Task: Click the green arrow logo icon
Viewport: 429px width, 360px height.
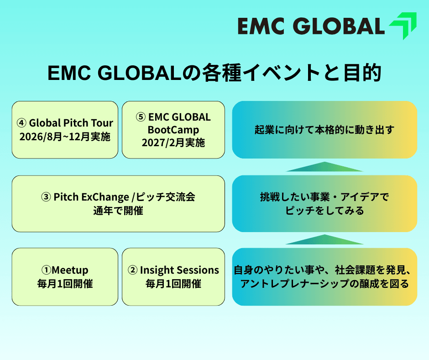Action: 403,26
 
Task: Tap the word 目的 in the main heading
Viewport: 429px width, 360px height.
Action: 363,73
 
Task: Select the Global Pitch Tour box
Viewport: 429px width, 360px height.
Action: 65,130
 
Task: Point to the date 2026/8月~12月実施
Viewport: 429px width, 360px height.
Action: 65,137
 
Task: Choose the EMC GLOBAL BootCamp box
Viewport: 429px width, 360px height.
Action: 173,130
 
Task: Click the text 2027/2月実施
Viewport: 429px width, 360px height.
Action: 173,143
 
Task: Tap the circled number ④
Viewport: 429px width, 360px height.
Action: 21,123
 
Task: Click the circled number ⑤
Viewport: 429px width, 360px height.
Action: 141,117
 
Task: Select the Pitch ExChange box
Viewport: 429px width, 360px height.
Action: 118,204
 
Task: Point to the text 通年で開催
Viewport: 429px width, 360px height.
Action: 118,211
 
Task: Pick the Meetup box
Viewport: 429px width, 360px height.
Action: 65,276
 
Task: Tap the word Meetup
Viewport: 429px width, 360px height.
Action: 70,270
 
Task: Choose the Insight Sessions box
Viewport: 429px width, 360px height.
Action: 173,276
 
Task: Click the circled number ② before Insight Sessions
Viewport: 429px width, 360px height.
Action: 133,270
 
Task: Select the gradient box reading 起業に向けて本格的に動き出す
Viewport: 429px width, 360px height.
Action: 324,130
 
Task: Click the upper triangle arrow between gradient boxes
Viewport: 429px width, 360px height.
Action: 324,167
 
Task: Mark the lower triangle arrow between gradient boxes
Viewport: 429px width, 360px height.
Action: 324,240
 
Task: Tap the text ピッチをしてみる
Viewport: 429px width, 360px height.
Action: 324,211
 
